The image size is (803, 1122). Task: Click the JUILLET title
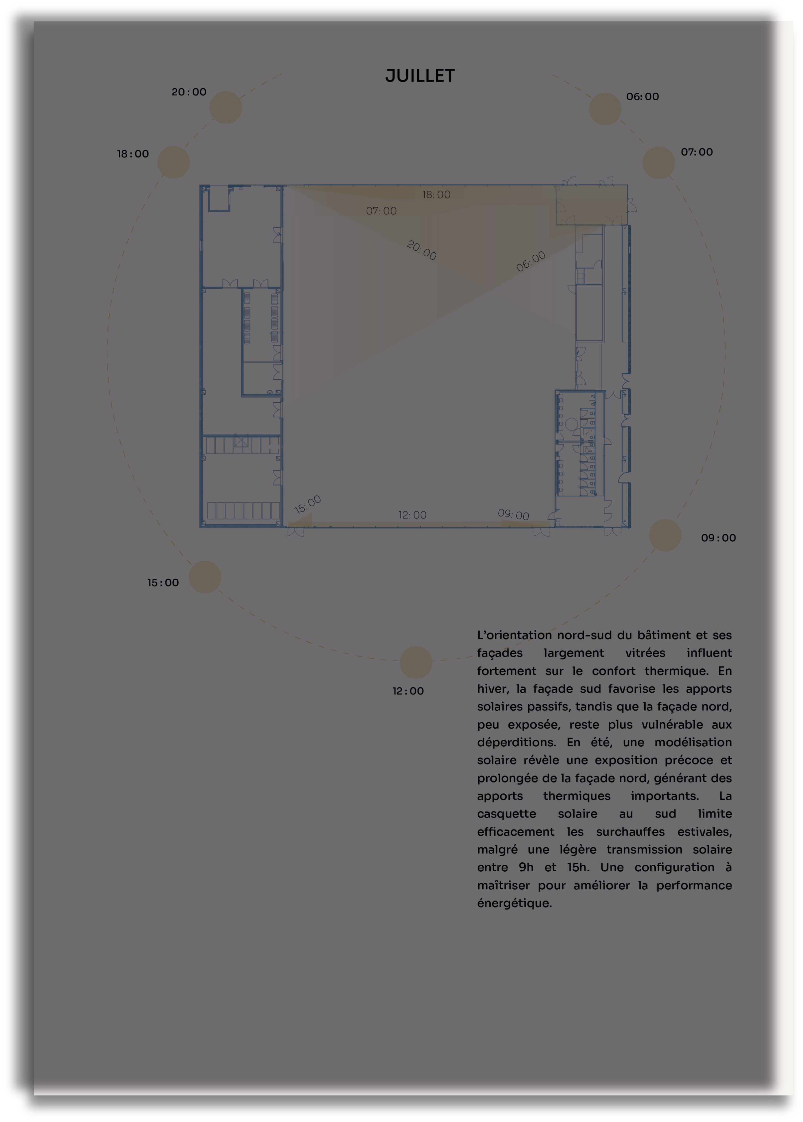point(420,76)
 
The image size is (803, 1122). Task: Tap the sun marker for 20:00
point(226,107)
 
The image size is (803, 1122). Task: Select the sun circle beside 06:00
point(605,109)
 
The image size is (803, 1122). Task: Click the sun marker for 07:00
point(658,162)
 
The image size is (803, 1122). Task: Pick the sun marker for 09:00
point(665,535)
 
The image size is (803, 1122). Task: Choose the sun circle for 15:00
point(205,577)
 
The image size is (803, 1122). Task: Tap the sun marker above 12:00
point(415,662)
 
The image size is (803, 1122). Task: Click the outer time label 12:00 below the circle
point(408,691)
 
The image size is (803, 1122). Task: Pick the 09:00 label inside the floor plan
point(513,514)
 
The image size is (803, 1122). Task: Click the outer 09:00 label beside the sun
point(718,538)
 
